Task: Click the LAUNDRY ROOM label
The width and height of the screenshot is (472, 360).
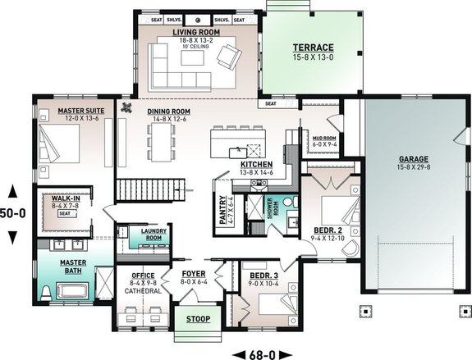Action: click(x=154, y=233)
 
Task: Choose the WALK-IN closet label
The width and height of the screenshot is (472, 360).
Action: click(x=65, y=198)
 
